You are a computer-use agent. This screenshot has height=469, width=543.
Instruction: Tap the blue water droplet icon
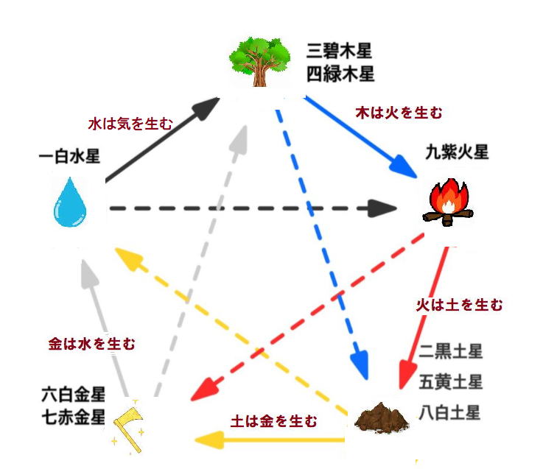click(70, 201)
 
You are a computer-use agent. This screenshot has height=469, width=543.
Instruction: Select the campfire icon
click(446, 202)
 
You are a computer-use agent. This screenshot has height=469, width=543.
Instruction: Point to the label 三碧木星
click(340, 51)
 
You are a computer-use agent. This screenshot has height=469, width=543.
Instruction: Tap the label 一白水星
click(70, 156)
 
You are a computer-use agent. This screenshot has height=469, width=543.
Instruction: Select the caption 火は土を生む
click(460, 304)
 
